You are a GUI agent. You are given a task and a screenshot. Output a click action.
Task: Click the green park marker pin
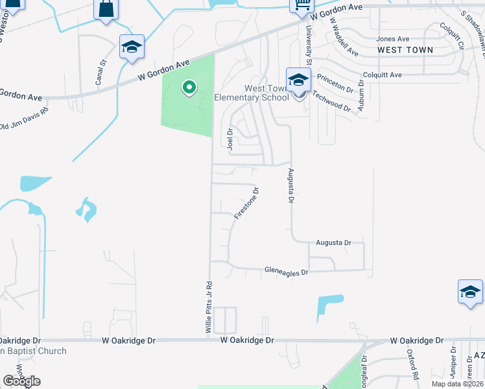click(x=189, y=87)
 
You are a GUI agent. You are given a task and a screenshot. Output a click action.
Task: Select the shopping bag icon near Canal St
click(x=106, y=10)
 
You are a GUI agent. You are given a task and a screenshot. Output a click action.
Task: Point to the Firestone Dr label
click(x=246, y=203)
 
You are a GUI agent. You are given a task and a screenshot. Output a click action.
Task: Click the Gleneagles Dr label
click(x=286, y=272)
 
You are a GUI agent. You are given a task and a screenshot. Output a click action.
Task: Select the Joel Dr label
click(x=230, y=138)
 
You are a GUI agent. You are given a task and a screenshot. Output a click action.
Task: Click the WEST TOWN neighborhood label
click(x=405, y=50)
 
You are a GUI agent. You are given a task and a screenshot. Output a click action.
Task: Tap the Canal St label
click(x=100, y=73)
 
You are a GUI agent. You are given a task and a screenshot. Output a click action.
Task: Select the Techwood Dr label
click(x=331, y=102)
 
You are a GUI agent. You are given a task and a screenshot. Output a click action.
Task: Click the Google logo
click(x=21, y=381)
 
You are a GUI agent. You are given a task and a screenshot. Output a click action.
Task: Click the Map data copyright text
click(x=457, y=384)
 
